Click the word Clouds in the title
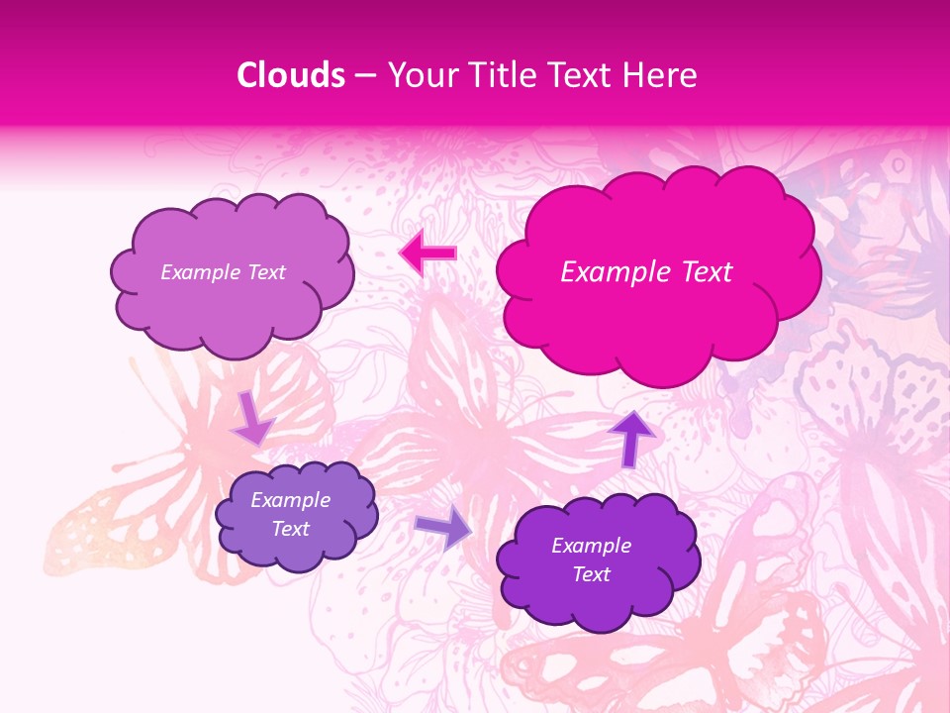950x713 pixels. [x=291, y=75]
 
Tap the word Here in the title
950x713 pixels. [x=662, y=75]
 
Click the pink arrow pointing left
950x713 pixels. [x=427, y=254]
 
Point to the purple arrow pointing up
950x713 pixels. [x=630, y=439]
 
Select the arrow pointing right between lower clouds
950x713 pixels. [x=443, y=528]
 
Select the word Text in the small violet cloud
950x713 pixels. [x=291, y=529]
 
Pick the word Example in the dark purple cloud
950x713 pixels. [x=591, y=546]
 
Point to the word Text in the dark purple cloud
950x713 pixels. [x=591, y=574]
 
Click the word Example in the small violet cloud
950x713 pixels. [x=291, y=500]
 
